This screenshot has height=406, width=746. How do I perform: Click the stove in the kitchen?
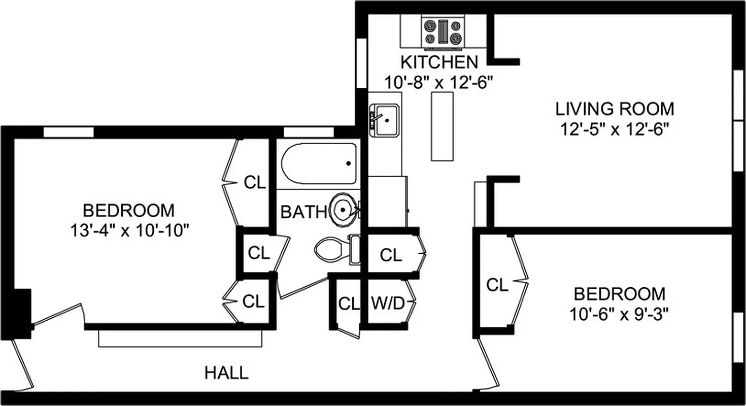coord(444,32)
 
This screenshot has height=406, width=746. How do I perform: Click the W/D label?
coord(388,304)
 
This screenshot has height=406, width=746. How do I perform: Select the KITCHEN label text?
coord(439,62)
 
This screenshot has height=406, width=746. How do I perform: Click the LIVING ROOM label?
coord(615,109)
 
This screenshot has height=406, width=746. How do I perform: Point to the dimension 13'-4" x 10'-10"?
coord(130,231)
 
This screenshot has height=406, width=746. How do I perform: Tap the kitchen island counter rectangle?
coord(442,126)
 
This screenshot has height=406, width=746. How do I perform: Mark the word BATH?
coord(303,212)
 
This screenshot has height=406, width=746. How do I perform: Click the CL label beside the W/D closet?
coord(348,304)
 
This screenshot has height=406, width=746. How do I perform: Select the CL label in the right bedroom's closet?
coord(497,285)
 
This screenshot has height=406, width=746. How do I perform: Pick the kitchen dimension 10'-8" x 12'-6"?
coord(438,83)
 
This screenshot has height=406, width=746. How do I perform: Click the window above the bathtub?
coord(309,132)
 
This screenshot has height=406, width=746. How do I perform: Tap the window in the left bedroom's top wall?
coord(69,132)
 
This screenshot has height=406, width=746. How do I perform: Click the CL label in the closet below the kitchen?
coord(391,255)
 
